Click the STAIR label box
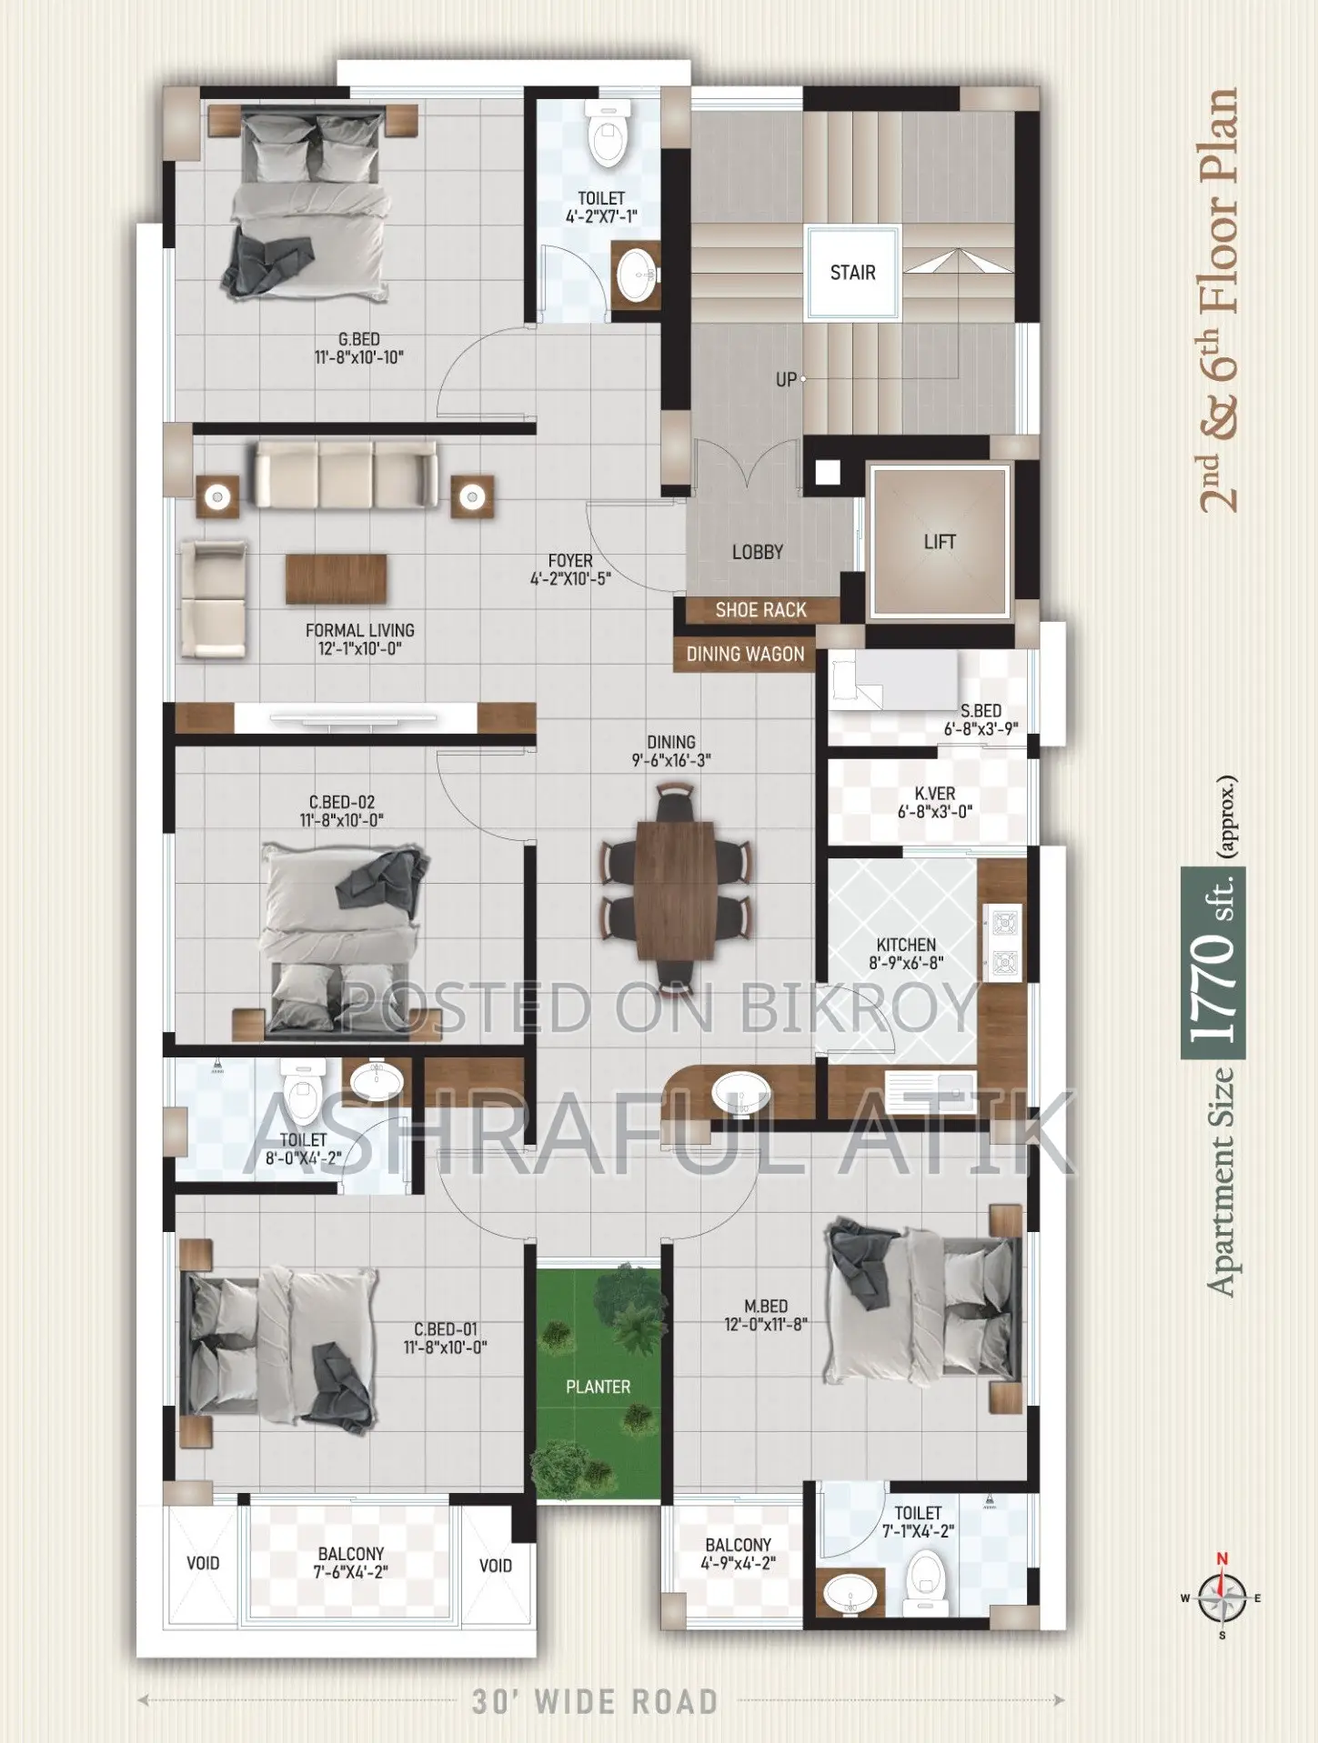point(852,273)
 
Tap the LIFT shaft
point(941,542)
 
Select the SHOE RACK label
point(761,610)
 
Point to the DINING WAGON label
point(745,655)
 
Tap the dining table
point(675,890)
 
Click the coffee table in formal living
point(336,579)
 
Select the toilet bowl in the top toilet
point(609,133)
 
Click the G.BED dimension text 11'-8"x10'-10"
point(358,358)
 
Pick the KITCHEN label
point(906,945)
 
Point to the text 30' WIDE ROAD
point(595,1701)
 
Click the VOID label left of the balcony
point(203,1563)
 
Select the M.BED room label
point(766,1306)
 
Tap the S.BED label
point(981,711)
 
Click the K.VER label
point(935,794)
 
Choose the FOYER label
point(570,561)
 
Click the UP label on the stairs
point(786,380)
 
